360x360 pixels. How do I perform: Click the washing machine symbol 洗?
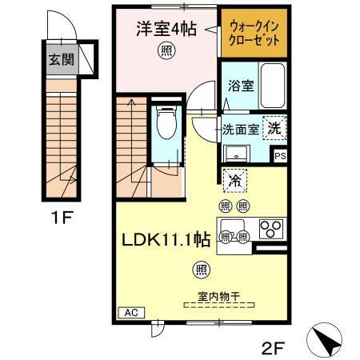click(274, 128)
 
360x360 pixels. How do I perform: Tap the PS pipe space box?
click(279, 157)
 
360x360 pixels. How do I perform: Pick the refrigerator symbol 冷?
click(234, 182)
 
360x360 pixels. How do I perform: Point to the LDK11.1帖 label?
click(166, 238)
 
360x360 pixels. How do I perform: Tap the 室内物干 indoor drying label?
click(211, 294)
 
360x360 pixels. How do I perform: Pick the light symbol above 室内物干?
click(202, 269)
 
